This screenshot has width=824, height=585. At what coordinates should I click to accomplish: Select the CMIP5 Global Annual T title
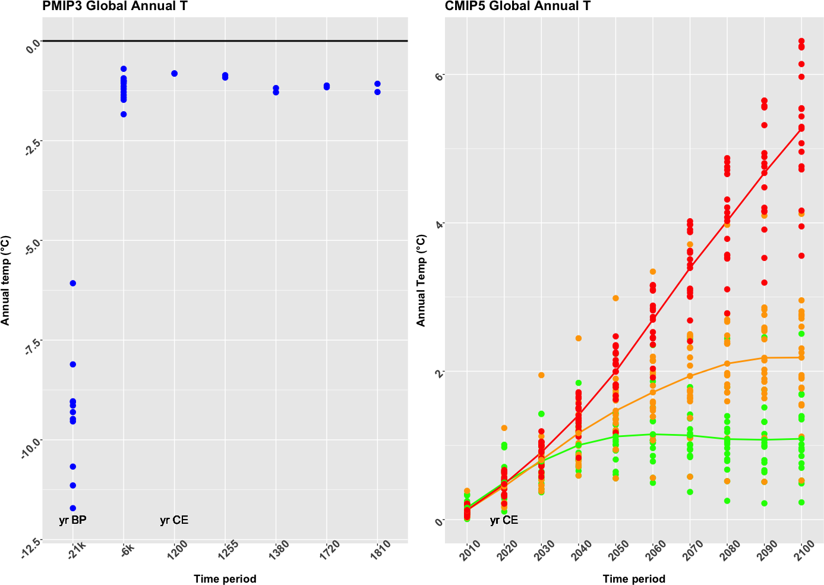(517, 7)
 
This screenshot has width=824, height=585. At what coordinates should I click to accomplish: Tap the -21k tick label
(77, 549)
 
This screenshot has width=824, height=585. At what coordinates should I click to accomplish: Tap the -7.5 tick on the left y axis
(31, 346)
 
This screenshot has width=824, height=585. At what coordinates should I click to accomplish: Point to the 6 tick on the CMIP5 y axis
(440, 75)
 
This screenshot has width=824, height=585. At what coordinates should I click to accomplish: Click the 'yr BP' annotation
(72, 520)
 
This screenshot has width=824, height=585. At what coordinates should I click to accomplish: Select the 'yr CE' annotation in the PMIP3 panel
(174, 520)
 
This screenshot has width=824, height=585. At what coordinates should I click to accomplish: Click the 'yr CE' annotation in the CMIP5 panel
(504, 520)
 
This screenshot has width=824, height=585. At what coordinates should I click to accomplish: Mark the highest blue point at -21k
(72, 283)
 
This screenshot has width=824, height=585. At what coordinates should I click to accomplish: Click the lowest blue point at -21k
(72, 508)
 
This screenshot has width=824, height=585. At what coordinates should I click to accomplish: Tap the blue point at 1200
(174, 73)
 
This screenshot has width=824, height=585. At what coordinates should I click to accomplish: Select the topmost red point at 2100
(801, 41)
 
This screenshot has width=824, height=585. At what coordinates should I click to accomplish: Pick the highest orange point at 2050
(615, 298)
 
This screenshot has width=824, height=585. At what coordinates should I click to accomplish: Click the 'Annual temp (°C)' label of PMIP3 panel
(5, 281)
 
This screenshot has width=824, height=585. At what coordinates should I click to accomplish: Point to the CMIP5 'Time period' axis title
(634, 579)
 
